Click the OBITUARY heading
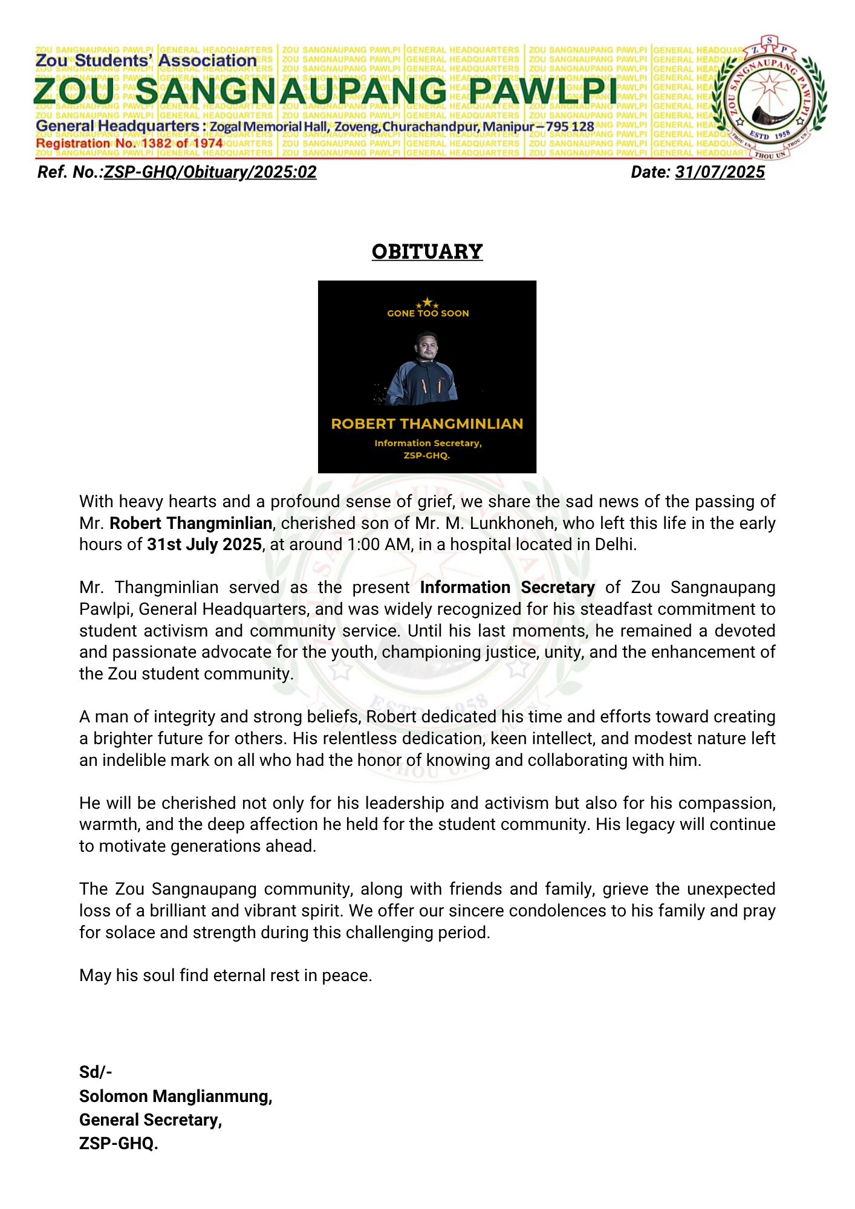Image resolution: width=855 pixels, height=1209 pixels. point(427,251)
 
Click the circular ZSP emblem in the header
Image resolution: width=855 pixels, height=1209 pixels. point(769,97)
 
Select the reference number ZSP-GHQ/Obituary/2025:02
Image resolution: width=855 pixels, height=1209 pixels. point(210,172)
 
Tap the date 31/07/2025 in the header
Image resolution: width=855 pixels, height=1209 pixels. point(720,172)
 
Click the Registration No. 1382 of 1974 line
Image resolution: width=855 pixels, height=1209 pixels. point(129,143)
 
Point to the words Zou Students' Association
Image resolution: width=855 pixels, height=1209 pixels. point(146,60)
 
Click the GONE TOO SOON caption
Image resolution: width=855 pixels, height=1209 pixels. point(427,313)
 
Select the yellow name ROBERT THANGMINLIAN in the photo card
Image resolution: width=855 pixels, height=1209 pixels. point(427,424)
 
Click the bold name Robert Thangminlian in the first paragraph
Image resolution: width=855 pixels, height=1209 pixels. point(190,523)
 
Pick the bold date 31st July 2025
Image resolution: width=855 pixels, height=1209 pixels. point(204,545)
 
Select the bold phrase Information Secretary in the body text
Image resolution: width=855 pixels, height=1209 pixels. point(507,588)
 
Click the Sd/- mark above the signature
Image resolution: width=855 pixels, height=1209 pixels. point(96,1072)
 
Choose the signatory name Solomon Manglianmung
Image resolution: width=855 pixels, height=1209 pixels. point(175,1096)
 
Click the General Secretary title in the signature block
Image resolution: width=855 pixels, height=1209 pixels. point(151,1120)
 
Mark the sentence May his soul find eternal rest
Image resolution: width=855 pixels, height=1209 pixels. point(226,976)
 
